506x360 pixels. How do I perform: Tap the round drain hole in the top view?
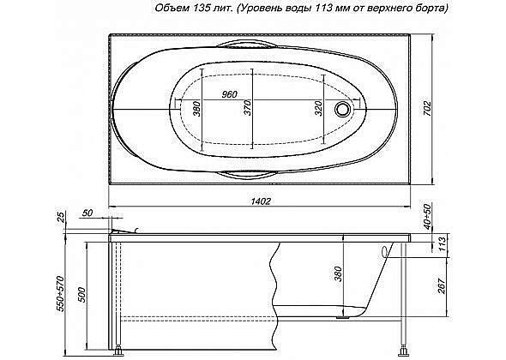pos(345,109)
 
